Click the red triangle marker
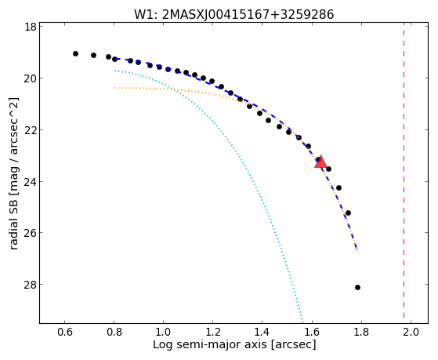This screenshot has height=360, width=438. pos(320,162)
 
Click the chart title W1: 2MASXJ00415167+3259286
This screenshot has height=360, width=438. pos(234,14)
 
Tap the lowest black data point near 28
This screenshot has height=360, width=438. pos(357,287)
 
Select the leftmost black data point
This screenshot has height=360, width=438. pos(75,53)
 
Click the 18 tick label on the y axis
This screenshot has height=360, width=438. pos(31,27)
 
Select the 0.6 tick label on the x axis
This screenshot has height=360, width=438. pos(65,332)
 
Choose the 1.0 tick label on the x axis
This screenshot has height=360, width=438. pos(164,332)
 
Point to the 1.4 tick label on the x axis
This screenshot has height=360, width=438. pos(262,332)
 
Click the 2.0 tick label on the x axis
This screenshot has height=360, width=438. pos(411,332)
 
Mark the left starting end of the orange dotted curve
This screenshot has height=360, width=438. pos(115,88)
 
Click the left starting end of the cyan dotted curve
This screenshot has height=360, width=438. pos(115,71)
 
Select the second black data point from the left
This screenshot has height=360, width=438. pos(93,56)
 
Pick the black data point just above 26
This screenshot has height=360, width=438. pos(348,213)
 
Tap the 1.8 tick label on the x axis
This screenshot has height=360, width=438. pos(361,332)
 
